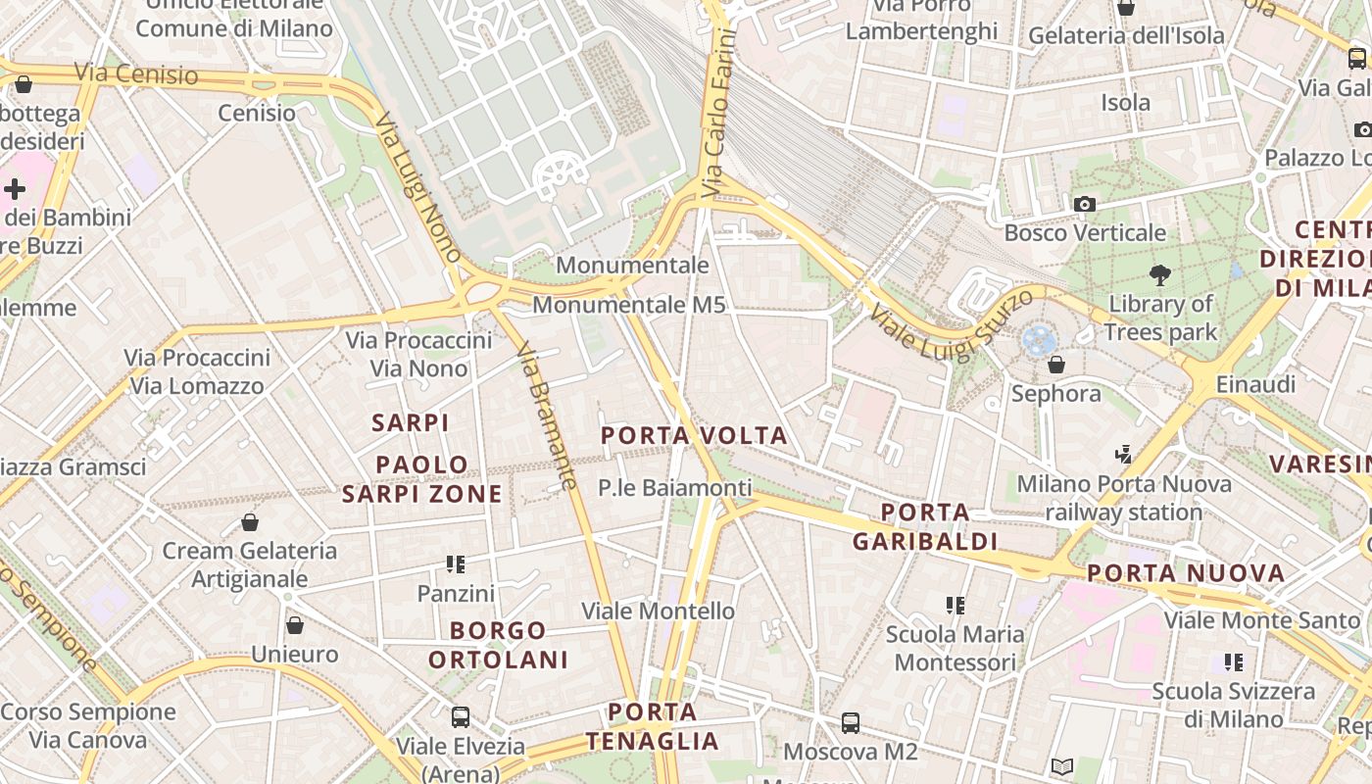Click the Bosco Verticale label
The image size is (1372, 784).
[1085, 233]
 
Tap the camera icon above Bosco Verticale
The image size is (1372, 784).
[1085, 204]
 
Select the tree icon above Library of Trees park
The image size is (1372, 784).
[1160, 274]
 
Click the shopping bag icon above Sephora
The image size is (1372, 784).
[1056, 365]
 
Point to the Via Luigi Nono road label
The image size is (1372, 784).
[418, 188]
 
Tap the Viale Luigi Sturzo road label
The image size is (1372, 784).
[950, 322]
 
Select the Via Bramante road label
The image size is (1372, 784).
[546, 416]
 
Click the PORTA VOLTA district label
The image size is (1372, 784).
[694, 436]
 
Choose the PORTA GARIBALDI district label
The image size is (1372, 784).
[924, 526]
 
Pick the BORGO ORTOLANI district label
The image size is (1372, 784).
[498, 645]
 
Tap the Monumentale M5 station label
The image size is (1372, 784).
[628, 305]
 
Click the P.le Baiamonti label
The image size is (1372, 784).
[675, 487]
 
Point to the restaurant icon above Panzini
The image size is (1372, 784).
[456, 563]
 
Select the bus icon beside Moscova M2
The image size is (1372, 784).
[851, 723]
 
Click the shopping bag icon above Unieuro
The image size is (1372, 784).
[295, 625]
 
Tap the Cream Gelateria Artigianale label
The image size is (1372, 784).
[249, 564]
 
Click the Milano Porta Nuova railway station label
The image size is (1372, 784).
[1124, 498]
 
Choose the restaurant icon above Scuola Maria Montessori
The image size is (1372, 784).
[955, 606]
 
